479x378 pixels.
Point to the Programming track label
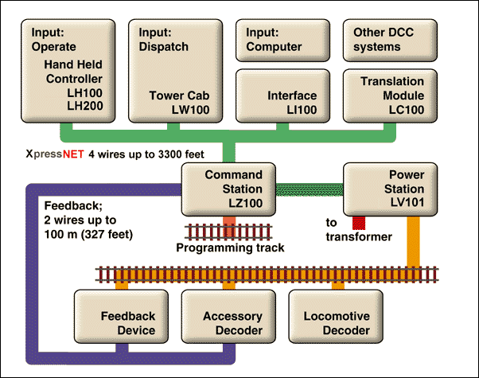230,248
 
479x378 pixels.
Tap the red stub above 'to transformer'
358,224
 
